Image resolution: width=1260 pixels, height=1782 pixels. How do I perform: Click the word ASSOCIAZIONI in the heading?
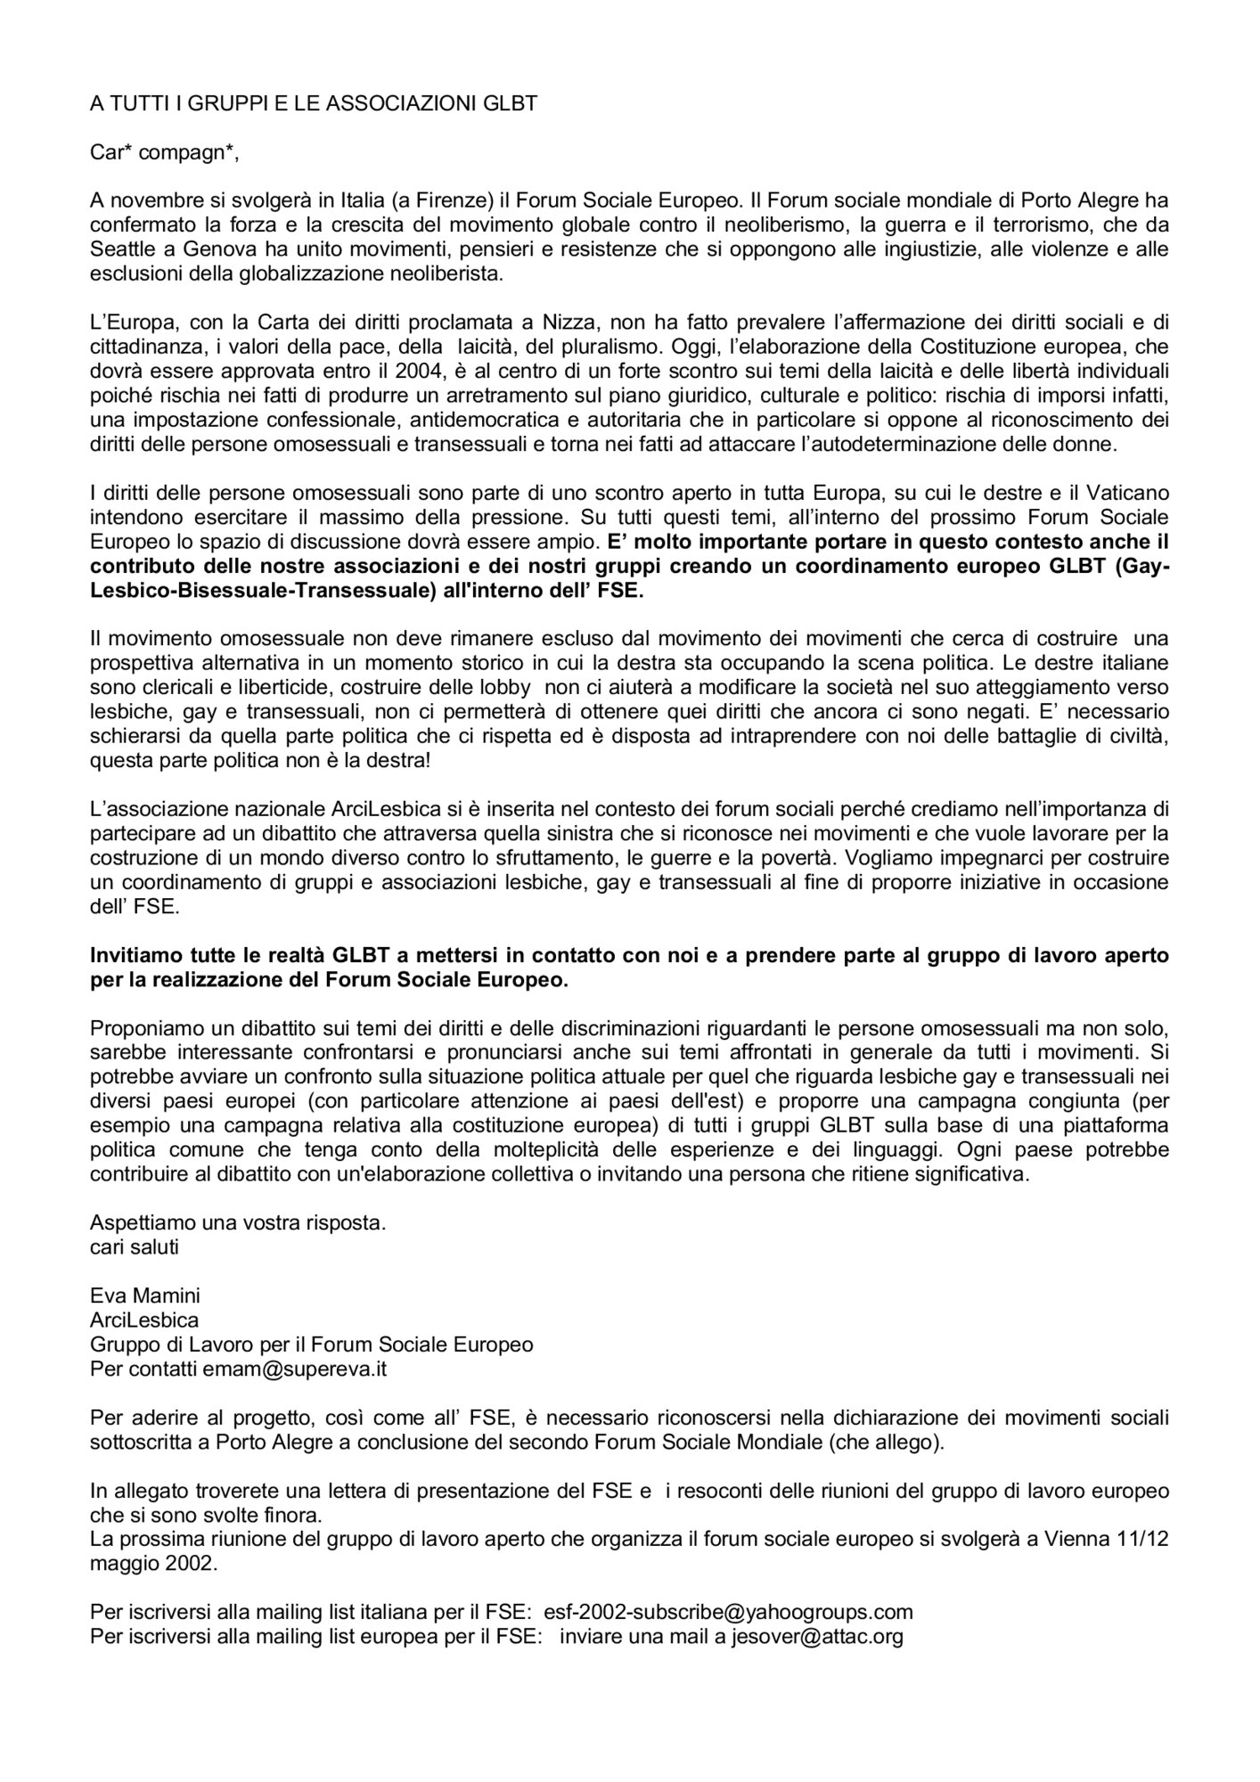397,102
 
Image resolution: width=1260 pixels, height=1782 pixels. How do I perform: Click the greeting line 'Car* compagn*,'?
165,152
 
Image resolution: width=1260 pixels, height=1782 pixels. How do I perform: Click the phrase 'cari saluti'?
135,1246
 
